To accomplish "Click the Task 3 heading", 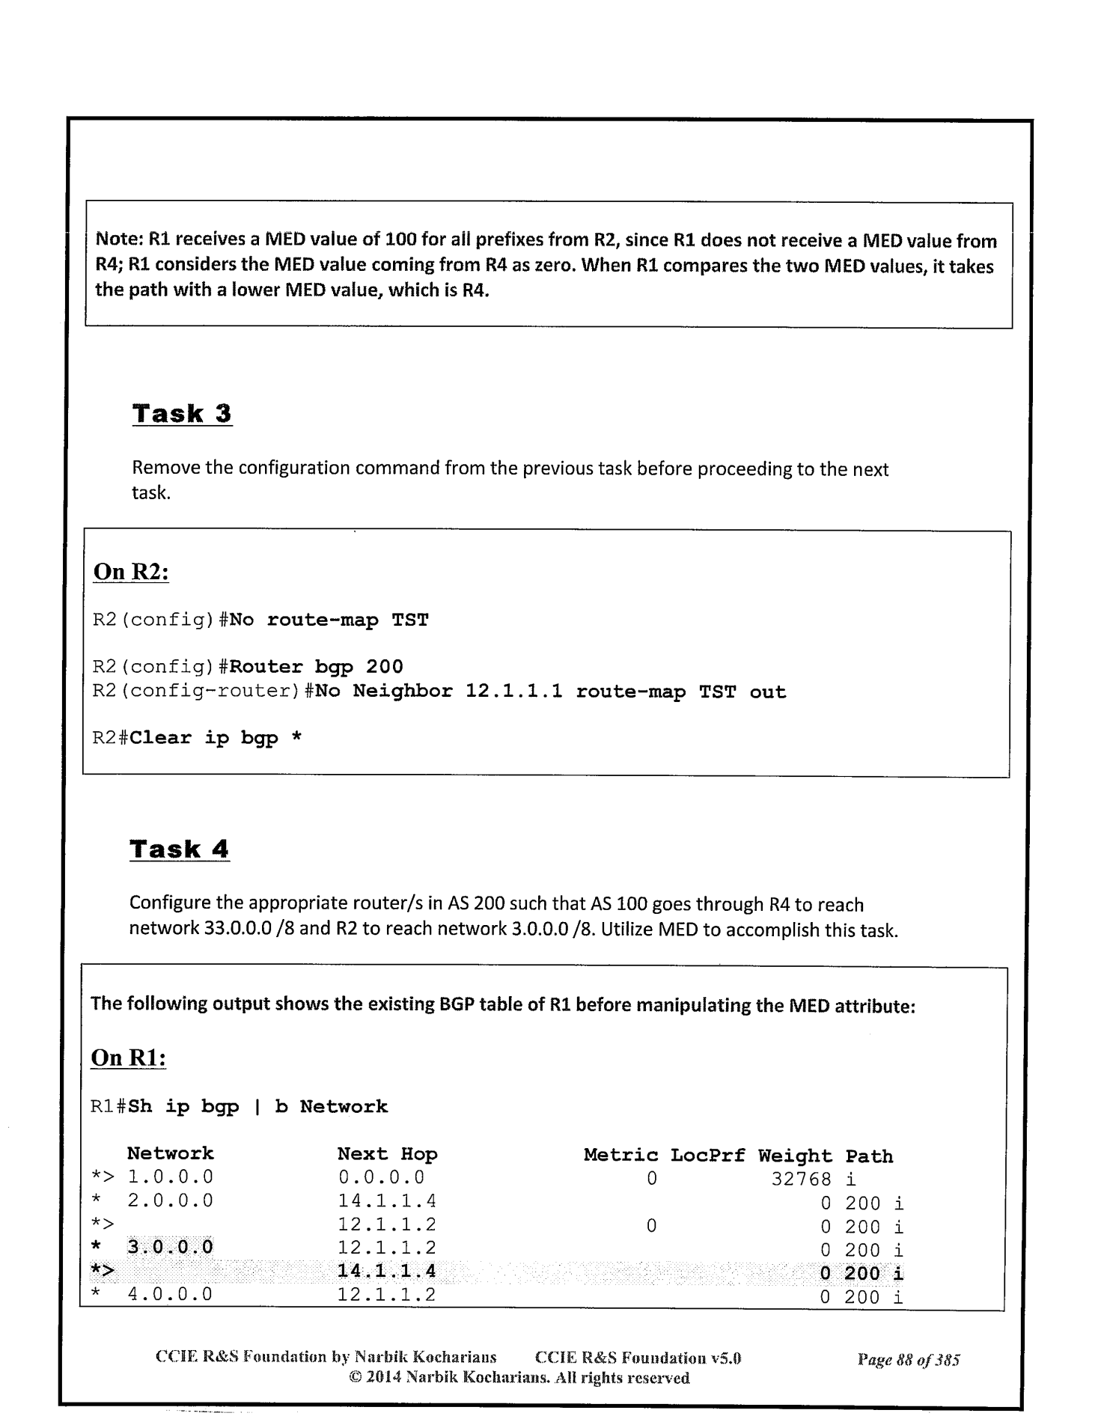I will (182, 414).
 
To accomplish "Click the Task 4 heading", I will (179, 849).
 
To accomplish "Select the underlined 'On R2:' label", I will (131, 573).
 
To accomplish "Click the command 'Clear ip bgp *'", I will (216, 738).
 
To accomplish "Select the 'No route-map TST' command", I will (329, 620).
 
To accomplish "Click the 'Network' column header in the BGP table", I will (170, 1153).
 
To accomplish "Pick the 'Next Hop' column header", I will (387, 1154).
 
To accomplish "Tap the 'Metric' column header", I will (620, 1155).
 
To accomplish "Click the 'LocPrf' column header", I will (707, 1155).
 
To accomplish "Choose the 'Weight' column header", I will (795, 1156).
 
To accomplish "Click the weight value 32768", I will (801, 1180).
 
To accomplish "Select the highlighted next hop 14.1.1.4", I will (387, 1271).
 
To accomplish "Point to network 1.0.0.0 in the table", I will (170, 1178).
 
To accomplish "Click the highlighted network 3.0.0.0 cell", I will (170, 1247).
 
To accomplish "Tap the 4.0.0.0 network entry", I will (170, 1294).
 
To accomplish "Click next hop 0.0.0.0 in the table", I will (381, 1178).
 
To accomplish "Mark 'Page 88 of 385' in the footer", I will (908, 1360).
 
